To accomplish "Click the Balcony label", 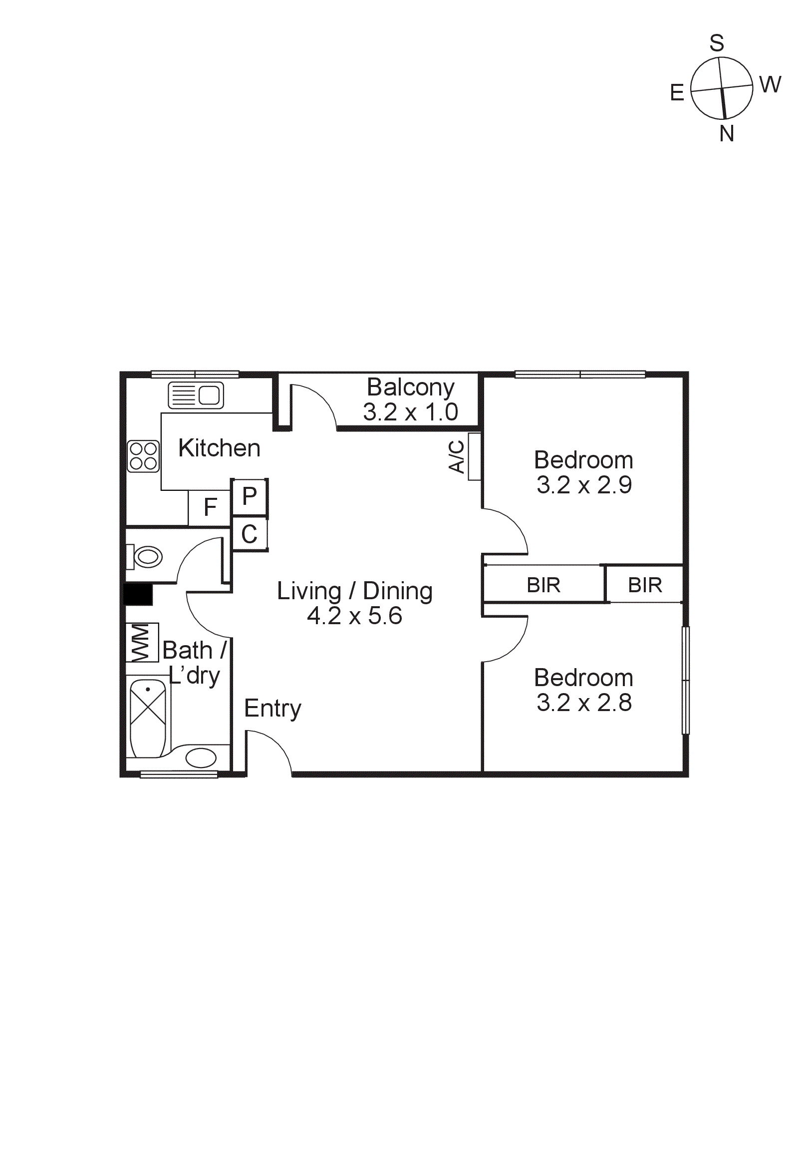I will tap(410, 387).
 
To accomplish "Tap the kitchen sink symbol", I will tap(196, 395).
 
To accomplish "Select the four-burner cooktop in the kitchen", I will tap(144, 456).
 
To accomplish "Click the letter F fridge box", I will tap(210, 507).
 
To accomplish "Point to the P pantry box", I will tap(250, 497).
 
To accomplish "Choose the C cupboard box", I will tap(250, 534).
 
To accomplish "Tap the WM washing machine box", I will tap(142, 642).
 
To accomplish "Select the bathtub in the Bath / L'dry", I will tap(148, 718).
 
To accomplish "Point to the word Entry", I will tap(272, 708).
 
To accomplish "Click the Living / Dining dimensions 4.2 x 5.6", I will tap(354, 616).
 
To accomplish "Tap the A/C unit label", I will tap(457, 456).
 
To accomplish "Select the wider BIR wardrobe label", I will tap(543, 585).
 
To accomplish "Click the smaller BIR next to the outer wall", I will tap(645, 585).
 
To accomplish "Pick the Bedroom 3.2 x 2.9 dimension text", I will tap(584, 485).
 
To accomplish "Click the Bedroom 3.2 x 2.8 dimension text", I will tap(584, 703).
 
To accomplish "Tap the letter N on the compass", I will tap(727, 134).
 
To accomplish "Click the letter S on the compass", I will tap(717, 43).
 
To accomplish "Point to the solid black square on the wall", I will tap(138, 595).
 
